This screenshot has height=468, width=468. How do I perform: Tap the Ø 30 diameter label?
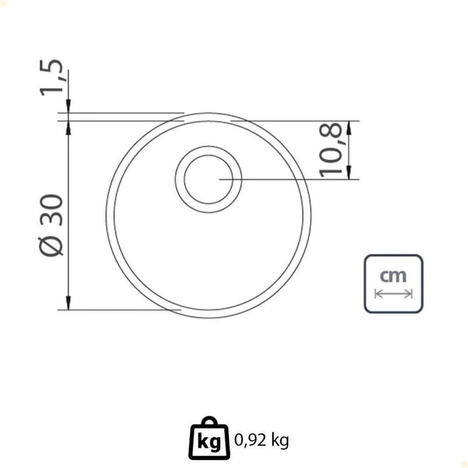point(51,225)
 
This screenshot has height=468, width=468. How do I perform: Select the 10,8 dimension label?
point(331,150)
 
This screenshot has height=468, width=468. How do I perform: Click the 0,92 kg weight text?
point(261,441)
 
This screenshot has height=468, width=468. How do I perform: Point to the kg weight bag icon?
point(209,438)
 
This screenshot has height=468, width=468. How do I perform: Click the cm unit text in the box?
point(393,276)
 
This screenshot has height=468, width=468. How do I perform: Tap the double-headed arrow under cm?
point(393,294)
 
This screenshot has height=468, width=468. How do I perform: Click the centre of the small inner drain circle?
point(208,179)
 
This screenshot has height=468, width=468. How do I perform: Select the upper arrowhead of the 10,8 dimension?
point(349,128)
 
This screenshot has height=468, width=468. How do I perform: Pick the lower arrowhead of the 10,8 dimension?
point(349,173)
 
